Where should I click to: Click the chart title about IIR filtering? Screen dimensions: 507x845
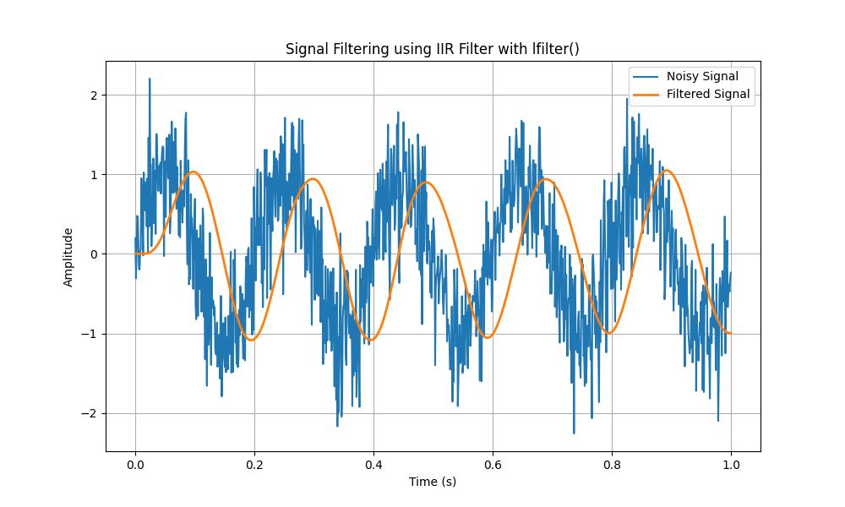432,49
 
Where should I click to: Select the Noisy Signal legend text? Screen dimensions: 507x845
702,77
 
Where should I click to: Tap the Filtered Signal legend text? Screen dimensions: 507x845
708,94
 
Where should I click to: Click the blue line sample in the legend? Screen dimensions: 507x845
646,77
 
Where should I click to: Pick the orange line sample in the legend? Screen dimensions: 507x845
646,94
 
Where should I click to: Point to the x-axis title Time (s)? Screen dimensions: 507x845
433,482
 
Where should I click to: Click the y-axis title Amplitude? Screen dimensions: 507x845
68,257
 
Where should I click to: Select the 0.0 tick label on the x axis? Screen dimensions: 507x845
135,464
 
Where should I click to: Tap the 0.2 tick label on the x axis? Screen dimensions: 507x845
254,464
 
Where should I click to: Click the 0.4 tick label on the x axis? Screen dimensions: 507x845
373,464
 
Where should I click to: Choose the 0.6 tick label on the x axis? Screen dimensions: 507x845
493,464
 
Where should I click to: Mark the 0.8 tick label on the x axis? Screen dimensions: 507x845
612,464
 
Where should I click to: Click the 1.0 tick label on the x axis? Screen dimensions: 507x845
731,464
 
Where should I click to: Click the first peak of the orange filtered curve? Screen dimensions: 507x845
194,172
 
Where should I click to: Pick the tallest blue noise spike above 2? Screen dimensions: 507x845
150,79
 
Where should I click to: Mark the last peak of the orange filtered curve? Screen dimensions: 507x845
668,171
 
